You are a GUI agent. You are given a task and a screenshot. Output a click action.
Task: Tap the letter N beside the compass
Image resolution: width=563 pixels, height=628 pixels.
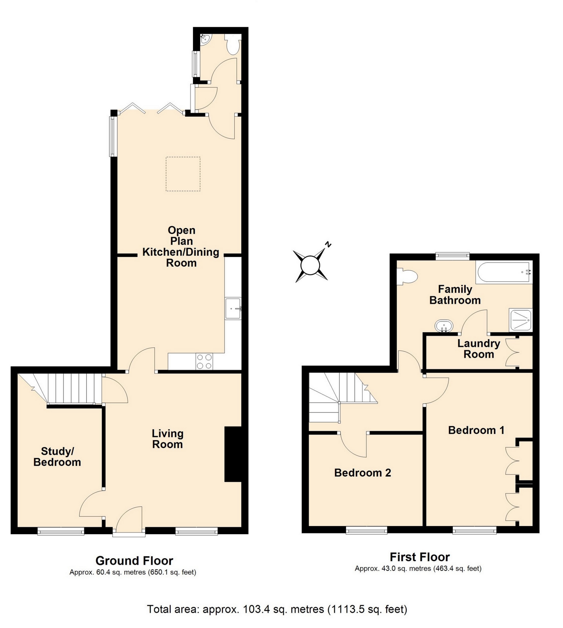click(x=328, y=244)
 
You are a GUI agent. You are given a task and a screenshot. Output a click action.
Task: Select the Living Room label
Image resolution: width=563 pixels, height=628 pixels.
click(x=167, y=439)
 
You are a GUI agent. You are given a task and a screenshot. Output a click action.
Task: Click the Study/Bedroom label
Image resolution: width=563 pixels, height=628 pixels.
click(x=57, y=456)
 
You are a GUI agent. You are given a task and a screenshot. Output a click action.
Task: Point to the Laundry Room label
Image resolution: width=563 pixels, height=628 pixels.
click(x=479, y=348)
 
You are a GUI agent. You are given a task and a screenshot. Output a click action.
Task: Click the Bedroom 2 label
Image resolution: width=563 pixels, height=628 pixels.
click(x=362, y=472)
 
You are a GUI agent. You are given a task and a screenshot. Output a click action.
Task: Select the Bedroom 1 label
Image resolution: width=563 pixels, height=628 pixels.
click(x=476, y=430)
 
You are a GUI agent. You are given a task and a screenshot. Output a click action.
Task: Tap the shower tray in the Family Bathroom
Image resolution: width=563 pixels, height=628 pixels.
click(x=520, y=319)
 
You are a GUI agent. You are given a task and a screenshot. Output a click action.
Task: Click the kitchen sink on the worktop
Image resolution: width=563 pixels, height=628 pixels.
click(x=233, y=308)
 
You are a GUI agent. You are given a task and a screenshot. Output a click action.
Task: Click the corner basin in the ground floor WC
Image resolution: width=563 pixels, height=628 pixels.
click(x=205, y=39)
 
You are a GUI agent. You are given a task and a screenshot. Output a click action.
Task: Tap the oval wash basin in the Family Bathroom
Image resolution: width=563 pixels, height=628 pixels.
click(x=444, y=326)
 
